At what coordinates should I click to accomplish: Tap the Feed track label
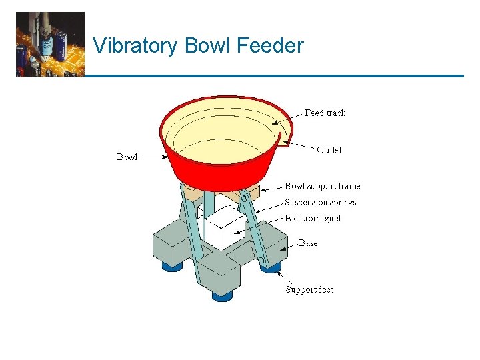325,113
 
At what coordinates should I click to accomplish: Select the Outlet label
329,150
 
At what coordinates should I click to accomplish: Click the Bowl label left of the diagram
127,157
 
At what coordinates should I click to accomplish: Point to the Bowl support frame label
322,186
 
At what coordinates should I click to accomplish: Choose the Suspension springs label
321,202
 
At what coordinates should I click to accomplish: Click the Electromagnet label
313,218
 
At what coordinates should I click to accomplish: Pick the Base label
309,243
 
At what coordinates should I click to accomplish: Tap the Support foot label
309,289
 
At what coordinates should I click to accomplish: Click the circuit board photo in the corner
50,44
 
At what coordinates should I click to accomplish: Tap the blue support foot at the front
222,294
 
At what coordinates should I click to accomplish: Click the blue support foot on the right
270,267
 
